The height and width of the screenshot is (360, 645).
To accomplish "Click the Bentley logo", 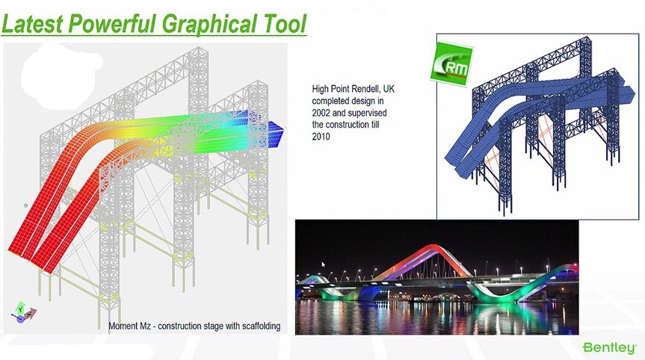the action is click(610, 347).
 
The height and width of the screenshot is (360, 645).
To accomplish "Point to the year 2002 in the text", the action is click(321, 113).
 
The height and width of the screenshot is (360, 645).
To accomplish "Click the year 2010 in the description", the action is click(321, 137).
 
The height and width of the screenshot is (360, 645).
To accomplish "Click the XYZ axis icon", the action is click(23, 312).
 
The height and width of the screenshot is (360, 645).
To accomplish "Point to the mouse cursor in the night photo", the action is click(324, 264).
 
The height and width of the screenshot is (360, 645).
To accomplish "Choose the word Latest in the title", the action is click(33, 23).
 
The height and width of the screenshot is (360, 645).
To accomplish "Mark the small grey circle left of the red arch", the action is click(26, 205).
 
